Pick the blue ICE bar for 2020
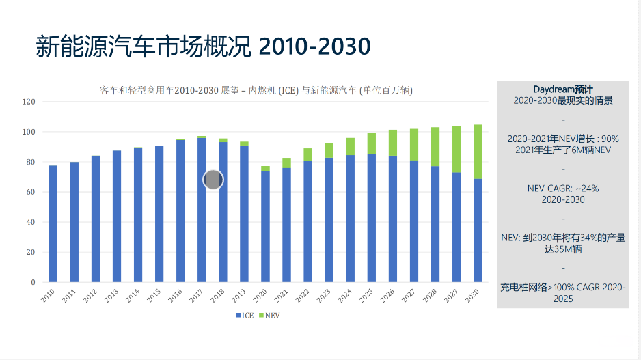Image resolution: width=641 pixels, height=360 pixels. (x=265, y=227)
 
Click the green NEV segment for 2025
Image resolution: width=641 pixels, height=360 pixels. (x=371, y=143)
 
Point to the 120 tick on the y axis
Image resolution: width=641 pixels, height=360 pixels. (x=29, y=102)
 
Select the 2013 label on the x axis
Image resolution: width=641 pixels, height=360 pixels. (x=111, y=296)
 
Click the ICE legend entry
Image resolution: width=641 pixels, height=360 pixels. (x=245, y=316)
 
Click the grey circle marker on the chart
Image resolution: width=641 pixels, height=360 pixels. (x=214, y=180)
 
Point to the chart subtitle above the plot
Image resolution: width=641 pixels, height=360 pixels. (x=256, y=90)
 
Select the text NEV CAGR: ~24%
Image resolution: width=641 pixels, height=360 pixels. (x=562, y=188)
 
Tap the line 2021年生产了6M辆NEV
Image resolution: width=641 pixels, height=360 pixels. (x=562, y=150)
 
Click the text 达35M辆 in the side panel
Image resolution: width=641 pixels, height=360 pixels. (x=562, y=249)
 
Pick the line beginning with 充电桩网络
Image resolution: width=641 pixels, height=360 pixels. (x=562, y=287)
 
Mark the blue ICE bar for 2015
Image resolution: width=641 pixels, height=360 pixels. (x=159, y=214)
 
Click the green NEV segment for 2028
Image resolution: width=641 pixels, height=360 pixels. (x=435, y=147)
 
